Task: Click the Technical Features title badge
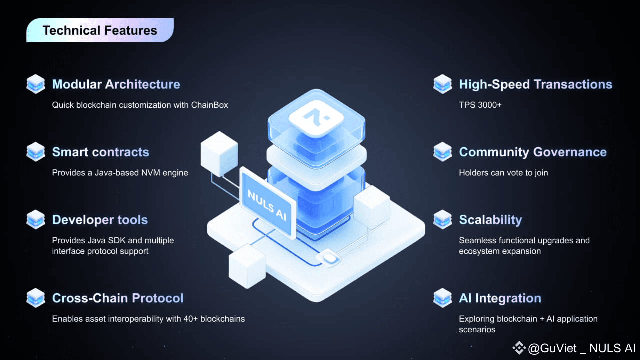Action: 100,30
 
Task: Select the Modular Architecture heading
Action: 116,84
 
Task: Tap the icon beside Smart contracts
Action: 36,152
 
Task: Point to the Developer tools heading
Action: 100,220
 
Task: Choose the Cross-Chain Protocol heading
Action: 118,298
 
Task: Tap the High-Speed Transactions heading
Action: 535,84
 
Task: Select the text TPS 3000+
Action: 480,105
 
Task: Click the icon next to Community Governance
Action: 442,152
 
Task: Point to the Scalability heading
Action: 490,220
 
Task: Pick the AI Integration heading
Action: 500,298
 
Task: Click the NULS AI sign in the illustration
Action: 267,202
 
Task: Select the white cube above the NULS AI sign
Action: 219,150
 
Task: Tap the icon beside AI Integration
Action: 442,298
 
